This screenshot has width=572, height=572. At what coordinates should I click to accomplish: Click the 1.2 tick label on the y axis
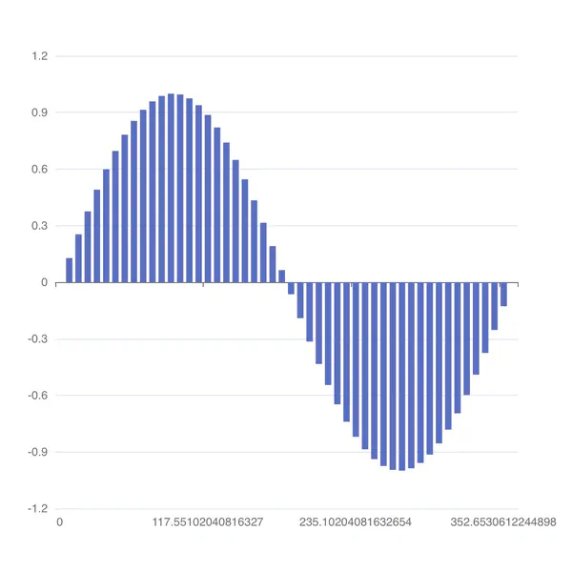pos(39,56)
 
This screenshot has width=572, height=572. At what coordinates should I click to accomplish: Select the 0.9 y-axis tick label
pos(39,112)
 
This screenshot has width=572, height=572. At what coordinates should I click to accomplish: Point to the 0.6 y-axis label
pos(39,170)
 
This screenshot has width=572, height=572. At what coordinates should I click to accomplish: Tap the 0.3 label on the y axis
pos(39,226)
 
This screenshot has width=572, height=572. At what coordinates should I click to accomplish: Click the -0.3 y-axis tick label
pos(37,339)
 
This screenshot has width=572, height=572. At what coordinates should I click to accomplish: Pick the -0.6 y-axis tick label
pos(37,396)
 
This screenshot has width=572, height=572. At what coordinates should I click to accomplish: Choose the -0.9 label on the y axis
pos(37,452)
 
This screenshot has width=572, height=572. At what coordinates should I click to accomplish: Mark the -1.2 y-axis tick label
pos(37,509)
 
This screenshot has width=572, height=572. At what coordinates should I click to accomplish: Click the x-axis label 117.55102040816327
pos(208,522)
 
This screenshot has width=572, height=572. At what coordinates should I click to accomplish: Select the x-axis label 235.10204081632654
pos(356,522)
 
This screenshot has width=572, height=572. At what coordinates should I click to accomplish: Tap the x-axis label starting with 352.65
pos(503,522)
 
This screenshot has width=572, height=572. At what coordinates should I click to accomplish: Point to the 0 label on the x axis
pos(59,522)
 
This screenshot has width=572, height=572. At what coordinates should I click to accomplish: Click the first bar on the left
pos(69,271)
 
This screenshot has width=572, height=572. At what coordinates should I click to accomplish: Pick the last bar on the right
pos(504,294)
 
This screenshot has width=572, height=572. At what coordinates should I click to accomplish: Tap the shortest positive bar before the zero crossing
pos(282,276)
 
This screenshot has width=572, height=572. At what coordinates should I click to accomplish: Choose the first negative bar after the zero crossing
pos(292,288)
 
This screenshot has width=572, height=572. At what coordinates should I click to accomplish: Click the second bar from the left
pos(78,258)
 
